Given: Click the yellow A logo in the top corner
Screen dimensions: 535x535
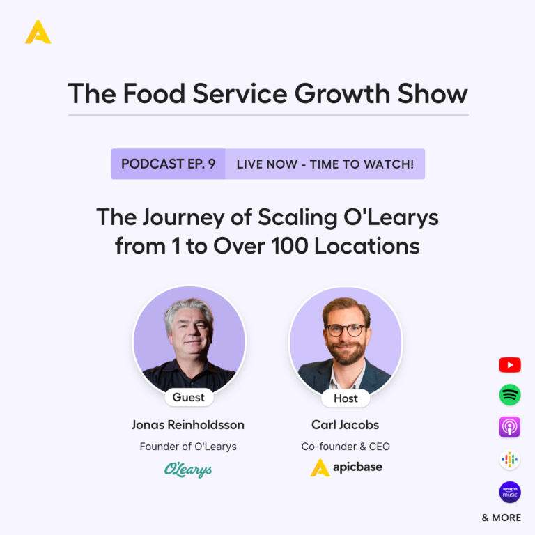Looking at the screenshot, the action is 38,32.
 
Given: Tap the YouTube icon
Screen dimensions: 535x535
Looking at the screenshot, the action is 510,365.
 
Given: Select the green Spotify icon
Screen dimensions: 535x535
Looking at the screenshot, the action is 510,395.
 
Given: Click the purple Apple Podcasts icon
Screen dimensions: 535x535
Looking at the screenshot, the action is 510,427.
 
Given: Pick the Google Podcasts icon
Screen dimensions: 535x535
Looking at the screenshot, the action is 510,459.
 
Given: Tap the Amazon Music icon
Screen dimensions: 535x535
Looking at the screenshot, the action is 510,492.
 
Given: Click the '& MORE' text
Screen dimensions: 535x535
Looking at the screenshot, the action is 502,518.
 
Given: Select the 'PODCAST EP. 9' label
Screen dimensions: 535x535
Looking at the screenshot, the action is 168,164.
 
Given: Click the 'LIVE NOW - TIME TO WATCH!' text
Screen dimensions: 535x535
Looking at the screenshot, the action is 325,164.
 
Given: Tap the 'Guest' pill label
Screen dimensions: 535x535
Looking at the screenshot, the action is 189,397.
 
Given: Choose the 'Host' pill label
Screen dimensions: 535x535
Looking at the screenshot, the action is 346,398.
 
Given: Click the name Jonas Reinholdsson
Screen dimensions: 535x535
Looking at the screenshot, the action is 188,425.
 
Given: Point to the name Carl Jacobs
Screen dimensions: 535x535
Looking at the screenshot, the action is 346,425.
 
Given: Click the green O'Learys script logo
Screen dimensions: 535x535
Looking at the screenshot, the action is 188,470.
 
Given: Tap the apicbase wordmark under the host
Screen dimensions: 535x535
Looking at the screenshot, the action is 357,467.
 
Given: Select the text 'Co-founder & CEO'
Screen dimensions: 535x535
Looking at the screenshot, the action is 346,447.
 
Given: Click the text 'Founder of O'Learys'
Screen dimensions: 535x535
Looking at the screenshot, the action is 188,447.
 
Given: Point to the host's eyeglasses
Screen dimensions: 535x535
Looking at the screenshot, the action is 346,330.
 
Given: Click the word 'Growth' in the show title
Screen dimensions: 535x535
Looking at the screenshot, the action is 342,93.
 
